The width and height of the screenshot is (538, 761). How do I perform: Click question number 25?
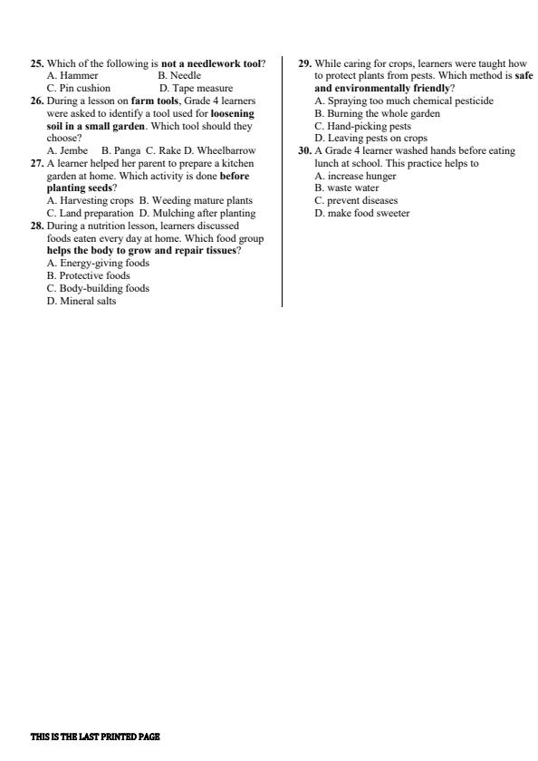click(37, 63)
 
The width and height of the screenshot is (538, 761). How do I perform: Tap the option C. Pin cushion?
click(79, 89)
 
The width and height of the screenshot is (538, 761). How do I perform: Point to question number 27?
click(37, 163)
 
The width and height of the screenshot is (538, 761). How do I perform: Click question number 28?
click(37, 226)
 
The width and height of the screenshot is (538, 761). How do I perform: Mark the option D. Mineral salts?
click(82, 301)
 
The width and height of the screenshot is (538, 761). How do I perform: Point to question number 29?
click(305, 63)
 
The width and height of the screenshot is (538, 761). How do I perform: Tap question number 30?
click(305, 150)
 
